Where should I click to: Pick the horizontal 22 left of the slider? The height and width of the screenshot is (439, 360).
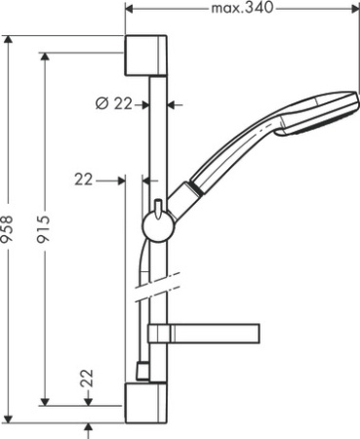click(x=85, y=179)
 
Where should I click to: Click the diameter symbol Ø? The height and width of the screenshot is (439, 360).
click(x=101, y=104)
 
